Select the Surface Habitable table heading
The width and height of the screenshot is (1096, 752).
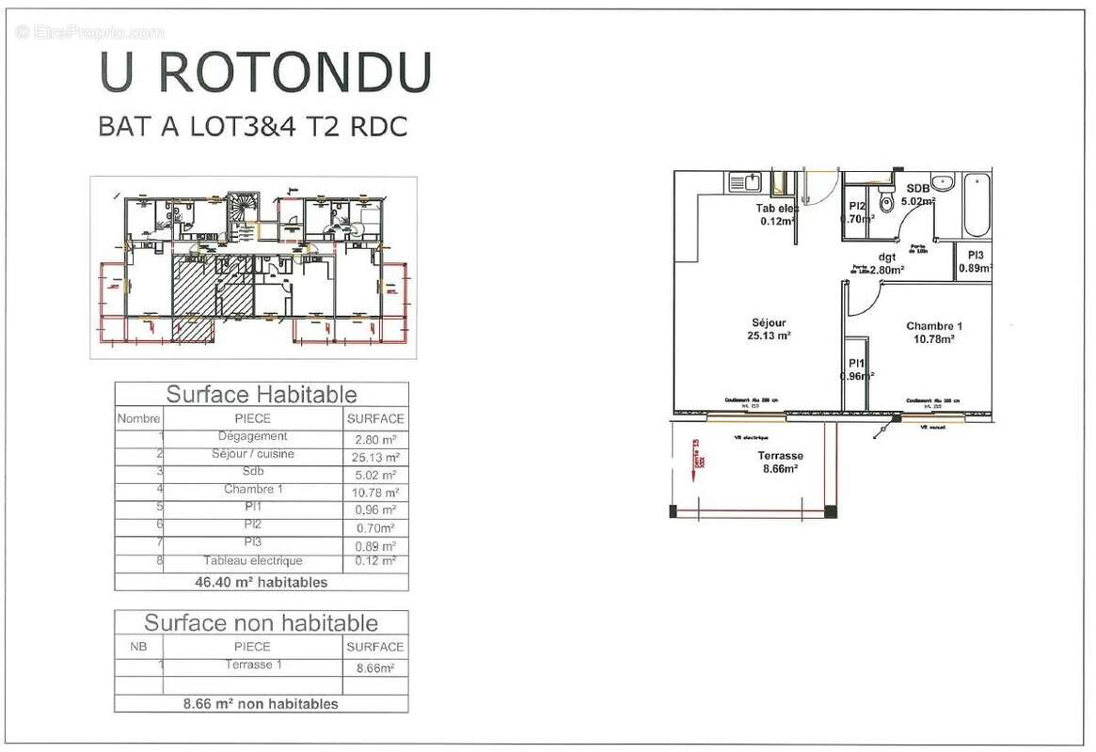click(x=262, y=394)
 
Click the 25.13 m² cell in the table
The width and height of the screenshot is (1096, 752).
click(x=375, y=457)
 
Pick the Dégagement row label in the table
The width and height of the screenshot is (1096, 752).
click(x=252, y=436)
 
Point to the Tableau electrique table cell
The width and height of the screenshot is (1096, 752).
click(x=252, y=561)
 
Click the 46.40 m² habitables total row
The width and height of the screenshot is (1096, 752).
click(x=262, y=582)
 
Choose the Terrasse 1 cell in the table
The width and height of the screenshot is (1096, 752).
click(x=252, y=665)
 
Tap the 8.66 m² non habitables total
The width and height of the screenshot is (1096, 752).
click(x=262, y=703)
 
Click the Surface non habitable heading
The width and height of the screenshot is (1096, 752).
click(x=262, y=622)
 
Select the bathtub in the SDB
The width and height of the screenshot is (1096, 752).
click(x=976, y=205)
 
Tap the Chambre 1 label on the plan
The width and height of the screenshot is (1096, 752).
click(x=933, y=326)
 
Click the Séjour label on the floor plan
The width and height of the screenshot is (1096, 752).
click(x=770, y=322)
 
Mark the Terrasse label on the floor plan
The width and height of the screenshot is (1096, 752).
click(x=780, y=456)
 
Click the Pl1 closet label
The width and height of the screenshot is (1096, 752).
click(x=855, y=364)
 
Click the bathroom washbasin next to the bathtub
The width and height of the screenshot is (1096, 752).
click(x=945, y=182)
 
